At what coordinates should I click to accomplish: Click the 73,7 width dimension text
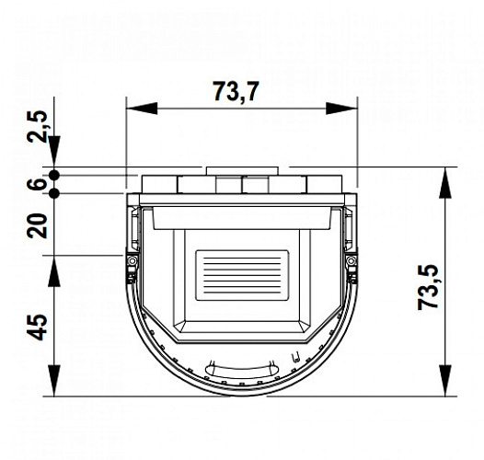236,92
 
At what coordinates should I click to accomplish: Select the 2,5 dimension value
38,127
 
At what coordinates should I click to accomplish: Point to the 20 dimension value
38,224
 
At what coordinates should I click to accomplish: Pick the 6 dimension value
38,184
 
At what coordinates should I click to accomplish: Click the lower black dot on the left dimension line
55,193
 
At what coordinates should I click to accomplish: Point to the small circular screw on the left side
133,264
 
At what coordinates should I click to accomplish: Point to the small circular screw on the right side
350,264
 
